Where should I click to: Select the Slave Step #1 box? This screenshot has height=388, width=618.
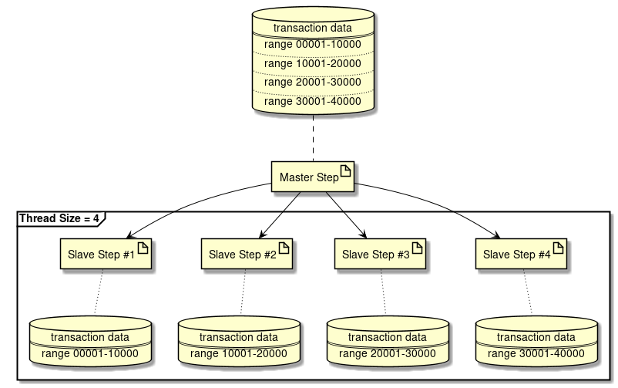[x=99, y=254]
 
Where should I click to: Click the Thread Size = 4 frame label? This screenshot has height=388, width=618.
[x=59, y=218]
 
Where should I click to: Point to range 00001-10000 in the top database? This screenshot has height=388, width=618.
[x=312, y=45]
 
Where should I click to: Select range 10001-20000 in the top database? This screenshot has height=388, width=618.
[x=312, y=63]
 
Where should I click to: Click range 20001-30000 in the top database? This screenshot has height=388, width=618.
[x=312, y=82]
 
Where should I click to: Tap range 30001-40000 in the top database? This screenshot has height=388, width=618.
[x=312, y=100]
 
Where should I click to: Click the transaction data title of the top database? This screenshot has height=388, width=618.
[x=312, y=28]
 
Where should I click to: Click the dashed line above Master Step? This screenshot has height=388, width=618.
[x=313, y=139]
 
